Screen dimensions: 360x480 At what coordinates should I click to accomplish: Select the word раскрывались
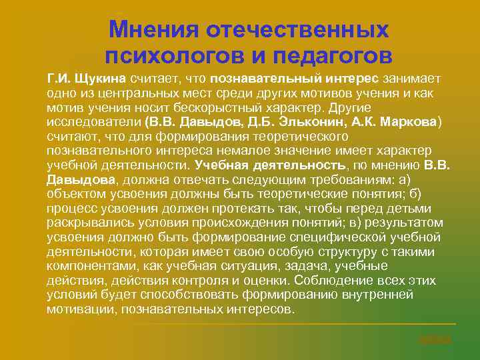pos(87,223)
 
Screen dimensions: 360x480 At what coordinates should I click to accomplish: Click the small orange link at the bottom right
pos(435,339)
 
